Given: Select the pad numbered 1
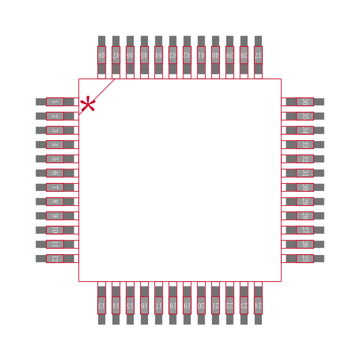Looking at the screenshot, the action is [x=55, y=102].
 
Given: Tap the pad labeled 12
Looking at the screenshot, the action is [x=55, y=259].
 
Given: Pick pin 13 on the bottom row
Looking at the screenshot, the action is [x=102, y=305].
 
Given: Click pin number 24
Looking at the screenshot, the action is [x=258, y=305].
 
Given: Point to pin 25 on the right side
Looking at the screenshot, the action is [x=305, y=259].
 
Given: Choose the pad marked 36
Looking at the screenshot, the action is [x=305, y=102].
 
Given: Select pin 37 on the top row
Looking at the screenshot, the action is [x=258, y=55].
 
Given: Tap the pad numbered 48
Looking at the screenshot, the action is [x=102, y=55].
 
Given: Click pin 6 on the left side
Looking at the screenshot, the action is [x=55, y=173].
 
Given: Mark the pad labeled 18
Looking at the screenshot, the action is [x=173, y=305].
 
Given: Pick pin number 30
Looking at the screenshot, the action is [x=305, y=187].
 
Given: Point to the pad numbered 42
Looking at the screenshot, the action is [x=187, y=55].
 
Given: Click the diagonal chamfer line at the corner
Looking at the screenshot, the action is [x=97, y=97].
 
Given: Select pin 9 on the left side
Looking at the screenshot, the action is [x=55, y=216].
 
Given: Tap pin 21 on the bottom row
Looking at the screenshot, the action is [x=216, y=305].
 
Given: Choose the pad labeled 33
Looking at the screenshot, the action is [x=305, y=145].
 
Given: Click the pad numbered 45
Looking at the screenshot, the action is [x=144, y=55].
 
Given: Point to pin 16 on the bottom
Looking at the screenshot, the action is [x=144, y=305].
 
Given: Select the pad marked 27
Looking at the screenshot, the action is [x=305, y=230].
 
